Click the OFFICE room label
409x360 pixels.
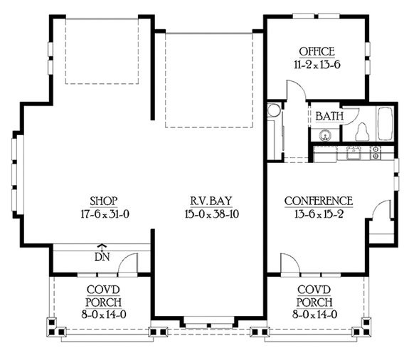(317, 51)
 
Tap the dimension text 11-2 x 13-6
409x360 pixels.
(317, 63)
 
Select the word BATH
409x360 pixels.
(329, 115)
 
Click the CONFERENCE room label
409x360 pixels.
(318, 201)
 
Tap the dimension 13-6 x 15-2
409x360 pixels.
(318, 213)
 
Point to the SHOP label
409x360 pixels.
(104, 201)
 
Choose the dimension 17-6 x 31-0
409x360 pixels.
(104, 213)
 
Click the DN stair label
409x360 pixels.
(102, 256)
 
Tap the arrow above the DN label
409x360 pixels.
(102, 245)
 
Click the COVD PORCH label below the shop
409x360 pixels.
(102, 297)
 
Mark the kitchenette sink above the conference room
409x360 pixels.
(354, 151)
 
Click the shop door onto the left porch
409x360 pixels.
(128, 264)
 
